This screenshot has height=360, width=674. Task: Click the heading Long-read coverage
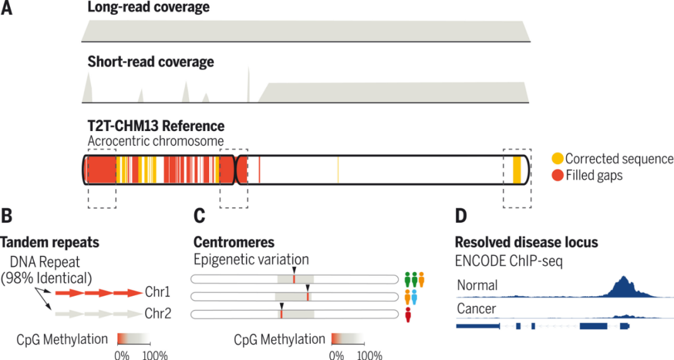[x=149, y=8]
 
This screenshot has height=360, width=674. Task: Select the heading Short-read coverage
[x=150, y=62]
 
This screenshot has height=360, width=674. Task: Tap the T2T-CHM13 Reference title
[x=156, y=126]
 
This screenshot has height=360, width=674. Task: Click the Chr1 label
[x=159, y=291]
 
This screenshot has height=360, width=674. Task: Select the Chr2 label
[x=159, y=314]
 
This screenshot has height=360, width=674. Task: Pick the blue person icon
[x=416, y=297]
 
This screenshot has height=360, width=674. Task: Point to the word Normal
[x=477, y=286]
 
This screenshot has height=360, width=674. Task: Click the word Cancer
[x=477, y=309]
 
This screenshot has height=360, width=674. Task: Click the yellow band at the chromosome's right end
[x=517, y=169]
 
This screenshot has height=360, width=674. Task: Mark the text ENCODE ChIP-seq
[x=509, y=262]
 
